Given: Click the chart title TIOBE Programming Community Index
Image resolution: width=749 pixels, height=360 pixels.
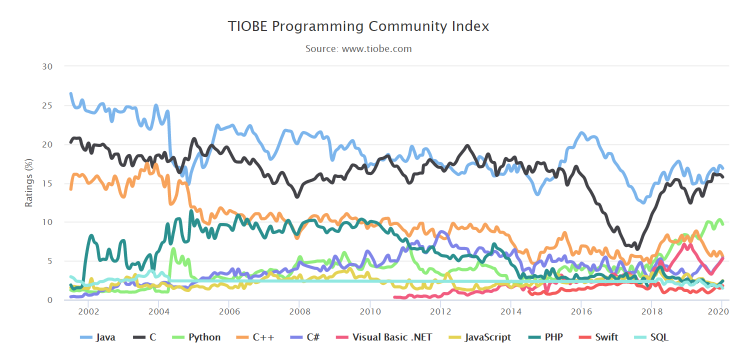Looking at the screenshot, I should pyautogui.click(x=358, y=26).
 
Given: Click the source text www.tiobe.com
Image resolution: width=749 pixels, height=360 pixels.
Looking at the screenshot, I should pyautogui.click(x=358, y=49).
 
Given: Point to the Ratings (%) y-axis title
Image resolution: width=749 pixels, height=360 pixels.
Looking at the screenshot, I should pyautogui.click(x=29, y=182).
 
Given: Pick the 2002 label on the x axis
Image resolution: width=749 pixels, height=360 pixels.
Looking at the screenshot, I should pyautogui.click(x=88, y=310).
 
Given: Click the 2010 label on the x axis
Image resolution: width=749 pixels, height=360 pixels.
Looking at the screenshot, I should pyautogui.click(x=369, y=310).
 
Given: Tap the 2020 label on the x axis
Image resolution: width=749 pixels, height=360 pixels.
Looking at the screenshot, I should pyautogui.click(x=720, y=310).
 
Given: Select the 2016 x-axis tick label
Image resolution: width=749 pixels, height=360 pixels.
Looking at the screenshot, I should pyautogui.click(x=580, y=310).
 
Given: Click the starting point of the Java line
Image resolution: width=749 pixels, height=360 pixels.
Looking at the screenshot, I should pyautogui.click(x=70, y=93).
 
